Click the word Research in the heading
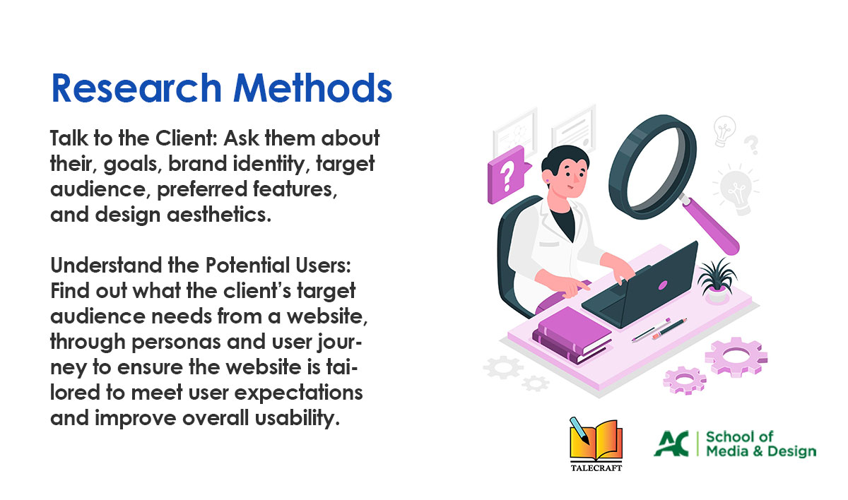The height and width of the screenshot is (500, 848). (136, 88)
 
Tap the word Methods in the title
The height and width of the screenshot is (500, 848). (312, 88)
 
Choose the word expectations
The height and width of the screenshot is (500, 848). (299, 393)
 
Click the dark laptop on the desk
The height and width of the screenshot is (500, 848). (644, 287)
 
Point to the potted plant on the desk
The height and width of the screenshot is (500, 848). (717, 280)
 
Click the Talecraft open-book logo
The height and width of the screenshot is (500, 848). (596, 444)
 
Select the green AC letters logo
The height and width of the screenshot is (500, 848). (671, 444)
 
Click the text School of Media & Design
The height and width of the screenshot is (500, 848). (761, 444)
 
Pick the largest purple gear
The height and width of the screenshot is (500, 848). (736, 357)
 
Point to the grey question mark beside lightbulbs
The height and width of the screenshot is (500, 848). (751, 145)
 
